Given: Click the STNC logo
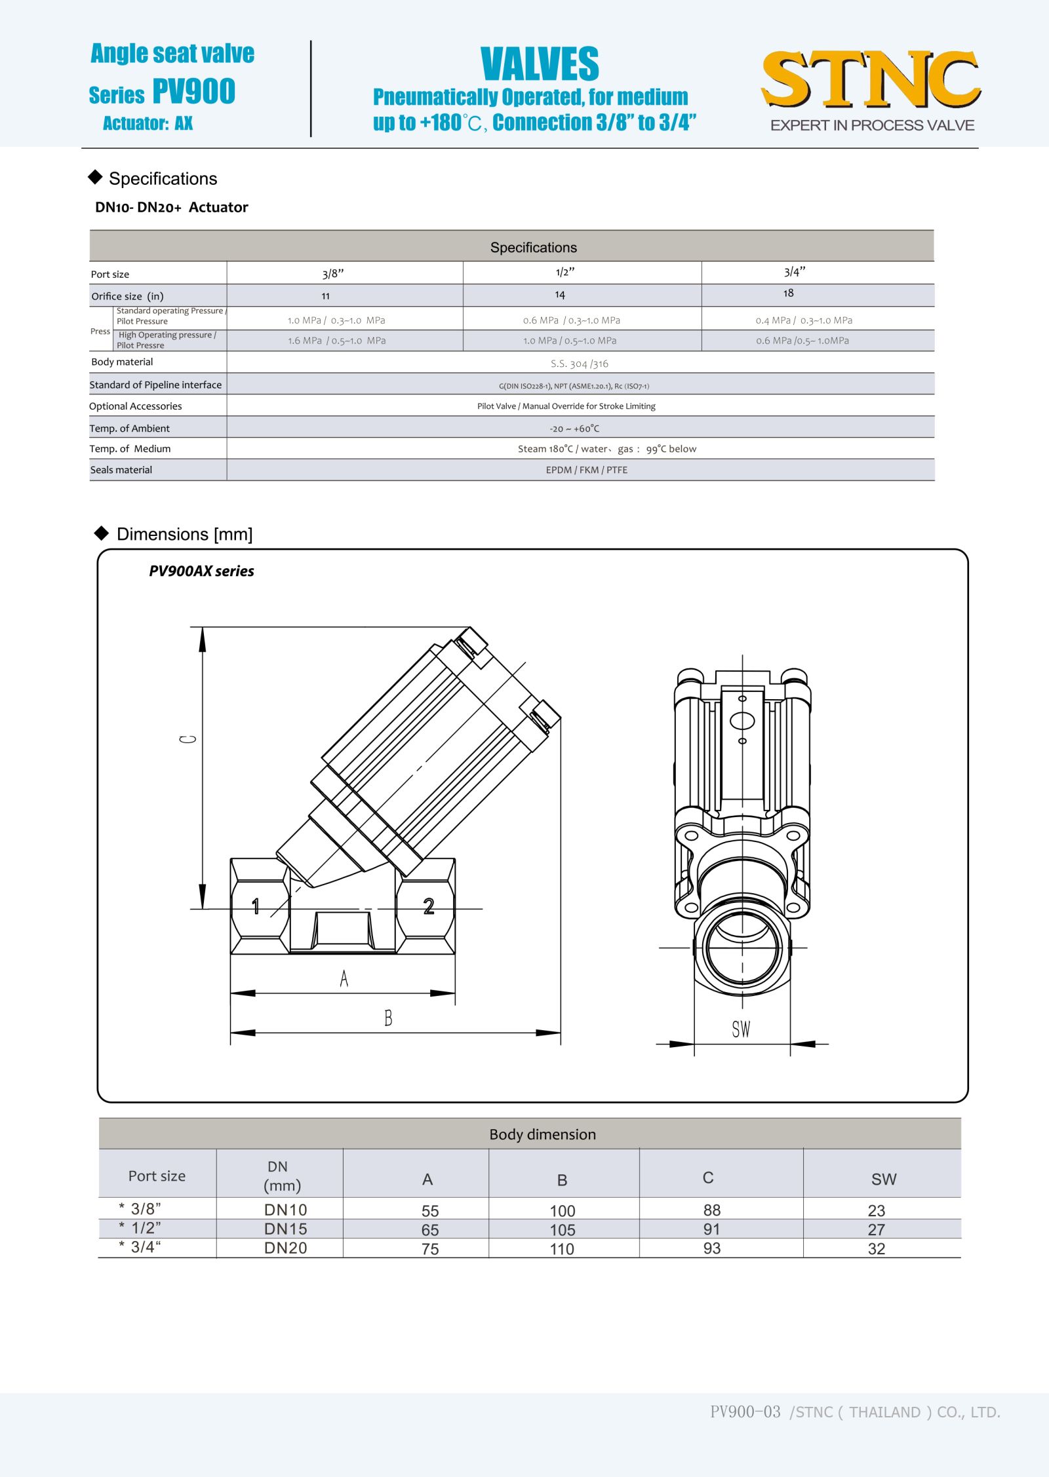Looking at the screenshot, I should tap(871, 80).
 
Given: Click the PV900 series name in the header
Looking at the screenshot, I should tap(193, 92).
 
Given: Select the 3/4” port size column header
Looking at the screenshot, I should tap(794, 272).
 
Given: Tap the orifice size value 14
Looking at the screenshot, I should tap(560, 295).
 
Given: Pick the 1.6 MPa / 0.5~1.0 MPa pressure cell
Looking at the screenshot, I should tap(337, 341).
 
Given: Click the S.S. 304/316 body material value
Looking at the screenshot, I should tap(580, 364).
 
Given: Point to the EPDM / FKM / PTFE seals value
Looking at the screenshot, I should tap(587, 470).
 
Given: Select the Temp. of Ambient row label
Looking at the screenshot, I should tap(130, 429).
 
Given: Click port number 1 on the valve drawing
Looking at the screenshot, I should tap(256, 906).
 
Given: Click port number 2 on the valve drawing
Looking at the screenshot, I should tap(429, 906).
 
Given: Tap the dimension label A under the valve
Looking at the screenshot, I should tap(344, 979).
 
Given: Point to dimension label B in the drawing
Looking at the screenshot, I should tap(388, 1018).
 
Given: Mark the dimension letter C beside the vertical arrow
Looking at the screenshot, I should tap(188, 739).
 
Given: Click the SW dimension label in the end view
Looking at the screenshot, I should tap(741, 1029).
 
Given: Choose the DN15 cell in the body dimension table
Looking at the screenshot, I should tap(285, 1229).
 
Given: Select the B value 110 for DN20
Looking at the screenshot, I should tap(562, 1249).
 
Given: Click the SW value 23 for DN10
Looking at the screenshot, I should tap(876, 1210).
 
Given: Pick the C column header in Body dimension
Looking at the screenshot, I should tap(708, 1178).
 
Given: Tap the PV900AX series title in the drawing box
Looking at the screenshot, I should tap(201, 571).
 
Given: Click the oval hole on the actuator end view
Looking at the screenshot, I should tap(742, 721).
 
